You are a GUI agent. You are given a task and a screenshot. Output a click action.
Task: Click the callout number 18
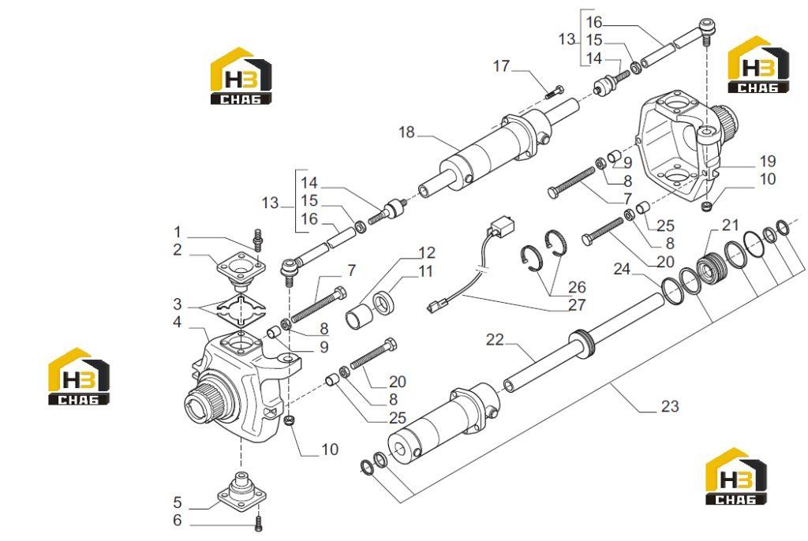click(406, 132)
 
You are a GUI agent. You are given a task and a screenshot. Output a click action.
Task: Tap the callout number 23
click(670, 406)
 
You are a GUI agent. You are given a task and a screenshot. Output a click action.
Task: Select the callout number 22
click(495, 340)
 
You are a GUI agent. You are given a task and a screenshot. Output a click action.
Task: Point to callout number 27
click(577, 305)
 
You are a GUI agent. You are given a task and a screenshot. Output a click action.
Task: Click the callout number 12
click(427, 252)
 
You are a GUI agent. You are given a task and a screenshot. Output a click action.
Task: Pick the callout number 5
click(178, 502)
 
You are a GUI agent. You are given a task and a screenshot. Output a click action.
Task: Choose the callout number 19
click(768, 161)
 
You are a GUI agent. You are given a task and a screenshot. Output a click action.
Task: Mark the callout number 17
click(501, 66)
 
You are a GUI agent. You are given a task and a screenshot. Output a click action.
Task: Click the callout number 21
click(730, 226)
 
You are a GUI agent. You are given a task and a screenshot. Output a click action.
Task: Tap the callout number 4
click(178, 322)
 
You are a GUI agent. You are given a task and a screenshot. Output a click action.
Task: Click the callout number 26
click(577, 286)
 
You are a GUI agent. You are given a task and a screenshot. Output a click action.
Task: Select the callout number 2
click(178, 251)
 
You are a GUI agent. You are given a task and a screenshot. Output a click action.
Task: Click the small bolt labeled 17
click(554, 93)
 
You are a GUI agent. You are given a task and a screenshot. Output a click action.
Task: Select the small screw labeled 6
click(259, 524)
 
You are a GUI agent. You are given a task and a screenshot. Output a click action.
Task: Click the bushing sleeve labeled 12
click(359, 316)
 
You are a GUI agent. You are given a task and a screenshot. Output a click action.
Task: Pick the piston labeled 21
click(710, 268)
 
